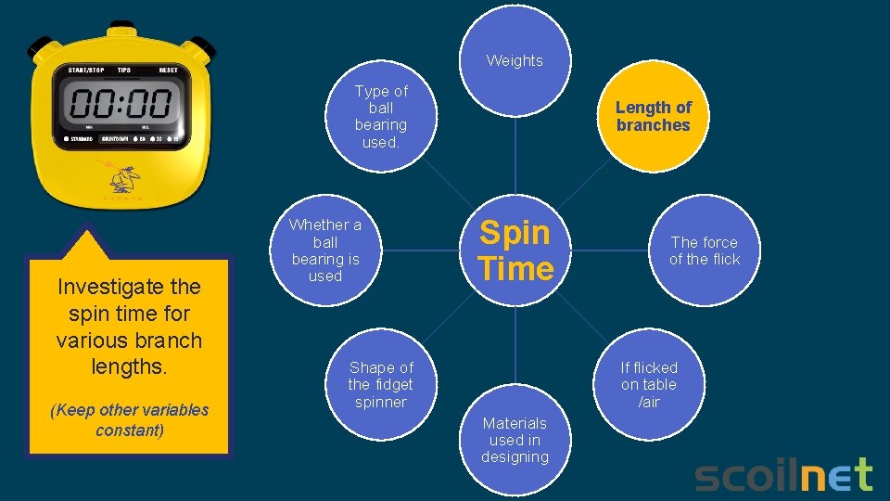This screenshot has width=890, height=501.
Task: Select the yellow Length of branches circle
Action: click(653, 116)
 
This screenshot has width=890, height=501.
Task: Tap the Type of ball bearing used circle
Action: click(381, 116)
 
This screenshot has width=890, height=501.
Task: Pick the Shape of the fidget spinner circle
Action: click(380, 385)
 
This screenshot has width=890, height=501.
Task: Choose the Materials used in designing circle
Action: click(515, 440)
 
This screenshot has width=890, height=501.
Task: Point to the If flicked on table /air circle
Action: click(649, 384)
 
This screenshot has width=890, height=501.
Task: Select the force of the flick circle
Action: click(705, 250)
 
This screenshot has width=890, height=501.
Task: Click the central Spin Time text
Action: click(516, 250)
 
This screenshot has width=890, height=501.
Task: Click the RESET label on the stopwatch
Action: click(169, 71)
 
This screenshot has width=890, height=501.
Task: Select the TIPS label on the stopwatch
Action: click(124, 71)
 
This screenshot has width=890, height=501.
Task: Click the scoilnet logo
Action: click(783, 475)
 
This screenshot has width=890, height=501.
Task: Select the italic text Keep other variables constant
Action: click(129, 419)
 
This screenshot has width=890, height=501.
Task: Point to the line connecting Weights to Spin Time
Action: click(515, 162)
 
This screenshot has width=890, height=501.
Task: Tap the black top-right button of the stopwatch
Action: click(203, 45)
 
